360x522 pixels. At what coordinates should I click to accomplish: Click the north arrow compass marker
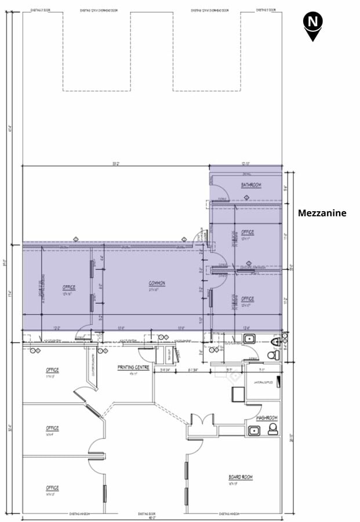pos(313,25)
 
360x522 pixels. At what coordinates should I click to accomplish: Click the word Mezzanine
pos(322,213)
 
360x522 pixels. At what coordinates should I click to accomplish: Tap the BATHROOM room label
pos(251,185)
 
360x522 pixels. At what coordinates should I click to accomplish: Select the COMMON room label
pos(157,283)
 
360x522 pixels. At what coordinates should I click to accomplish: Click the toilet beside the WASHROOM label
pos(272,429)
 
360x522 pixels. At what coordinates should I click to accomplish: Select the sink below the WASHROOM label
pos(253,430)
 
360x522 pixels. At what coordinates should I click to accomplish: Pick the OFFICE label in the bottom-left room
pos(52,488)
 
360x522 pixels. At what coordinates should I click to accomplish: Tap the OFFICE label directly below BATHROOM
pos(248,233)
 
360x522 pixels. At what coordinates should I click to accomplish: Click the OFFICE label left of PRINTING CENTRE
pos(52,370)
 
